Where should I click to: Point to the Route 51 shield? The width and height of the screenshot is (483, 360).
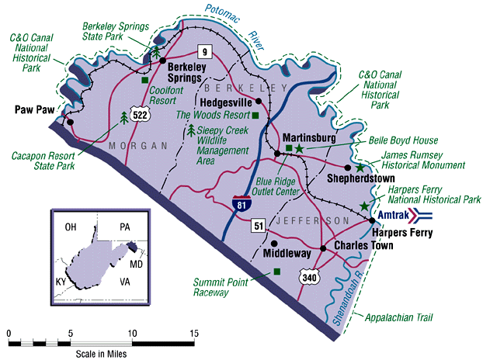(259, 227)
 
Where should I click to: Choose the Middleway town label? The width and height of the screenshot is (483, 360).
(289, 253)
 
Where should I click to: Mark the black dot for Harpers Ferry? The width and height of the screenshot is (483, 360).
(372, 221)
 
